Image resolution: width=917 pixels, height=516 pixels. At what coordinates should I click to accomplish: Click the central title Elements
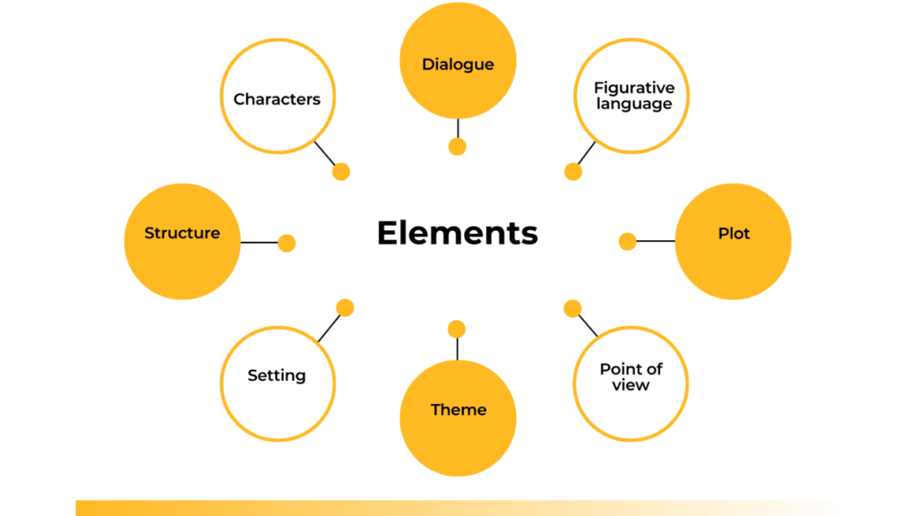coord(457,233)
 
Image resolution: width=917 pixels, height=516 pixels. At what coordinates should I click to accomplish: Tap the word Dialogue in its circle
coord(458,64)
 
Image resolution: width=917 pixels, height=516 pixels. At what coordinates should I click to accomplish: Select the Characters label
coord(277,99)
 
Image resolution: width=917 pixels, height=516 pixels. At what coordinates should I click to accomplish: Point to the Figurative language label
coord(634,96)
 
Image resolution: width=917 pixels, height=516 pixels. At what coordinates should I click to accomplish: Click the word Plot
coord(733,234)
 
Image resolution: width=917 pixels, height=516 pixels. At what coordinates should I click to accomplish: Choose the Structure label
coord(182,233)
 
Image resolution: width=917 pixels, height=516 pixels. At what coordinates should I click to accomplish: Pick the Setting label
coord(277,376)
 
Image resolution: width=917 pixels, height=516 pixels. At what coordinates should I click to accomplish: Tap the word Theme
coord(458,409)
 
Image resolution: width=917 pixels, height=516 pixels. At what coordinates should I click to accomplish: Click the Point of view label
coord(631,377)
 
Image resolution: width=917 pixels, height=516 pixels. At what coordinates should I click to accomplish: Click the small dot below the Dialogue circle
coord(458,147)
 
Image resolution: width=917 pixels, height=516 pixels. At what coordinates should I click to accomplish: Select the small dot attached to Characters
coord(340,172)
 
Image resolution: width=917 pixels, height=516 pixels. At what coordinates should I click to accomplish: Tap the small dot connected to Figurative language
coord(573,172)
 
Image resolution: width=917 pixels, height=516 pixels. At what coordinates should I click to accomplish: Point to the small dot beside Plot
coord(628,241)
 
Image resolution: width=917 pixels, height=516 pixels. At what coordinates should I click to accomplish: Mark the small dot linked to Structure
coord(287,243)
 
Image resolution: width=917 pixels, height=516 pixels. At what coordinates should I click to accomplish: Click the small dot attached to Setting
coord(345,308)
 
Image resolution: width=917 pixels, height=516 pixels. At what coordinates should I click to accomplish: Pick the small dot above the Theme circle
coord(457,329)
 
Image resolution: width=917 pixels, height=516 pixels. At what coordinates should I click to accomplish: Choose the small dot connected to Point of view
coord(572,308)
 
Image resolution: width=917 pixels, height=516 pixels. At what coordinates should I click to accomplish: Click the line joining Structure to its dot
coord(260,243)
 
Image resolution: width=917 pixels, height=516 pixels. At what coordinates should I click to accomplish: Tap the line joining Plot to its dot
coord(656,241)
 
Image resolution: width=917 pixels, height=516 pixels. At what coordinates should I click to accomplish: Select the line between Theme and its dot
coord(457,348)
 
